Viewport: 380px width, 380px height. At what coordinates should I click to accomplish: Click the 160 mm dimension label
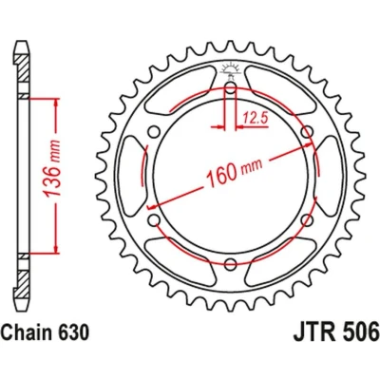point(234,172)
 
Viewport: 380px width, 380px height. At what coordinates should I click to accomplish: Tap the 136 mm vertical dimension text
point(52,169)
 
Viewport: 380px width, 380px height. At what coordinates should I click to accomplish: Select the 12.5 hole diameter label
point(256,119)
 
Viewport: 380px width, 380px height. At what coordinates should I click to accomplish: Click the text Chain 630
point(45,333)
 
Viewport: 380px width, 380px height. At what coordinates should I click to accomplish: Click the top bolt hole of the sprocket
point(231,87)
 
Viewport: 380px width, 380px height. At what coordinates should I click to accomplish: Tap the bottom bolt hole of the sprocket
point(231,264)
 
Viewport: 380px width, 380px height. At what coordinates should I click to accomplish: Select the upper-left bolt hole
point(154,132)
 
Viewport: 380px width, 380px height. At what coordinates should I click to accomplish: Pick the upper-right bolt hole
point(307,132)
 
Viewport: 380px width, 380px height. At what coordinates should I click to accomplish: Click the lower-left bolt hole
point(154,220)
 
